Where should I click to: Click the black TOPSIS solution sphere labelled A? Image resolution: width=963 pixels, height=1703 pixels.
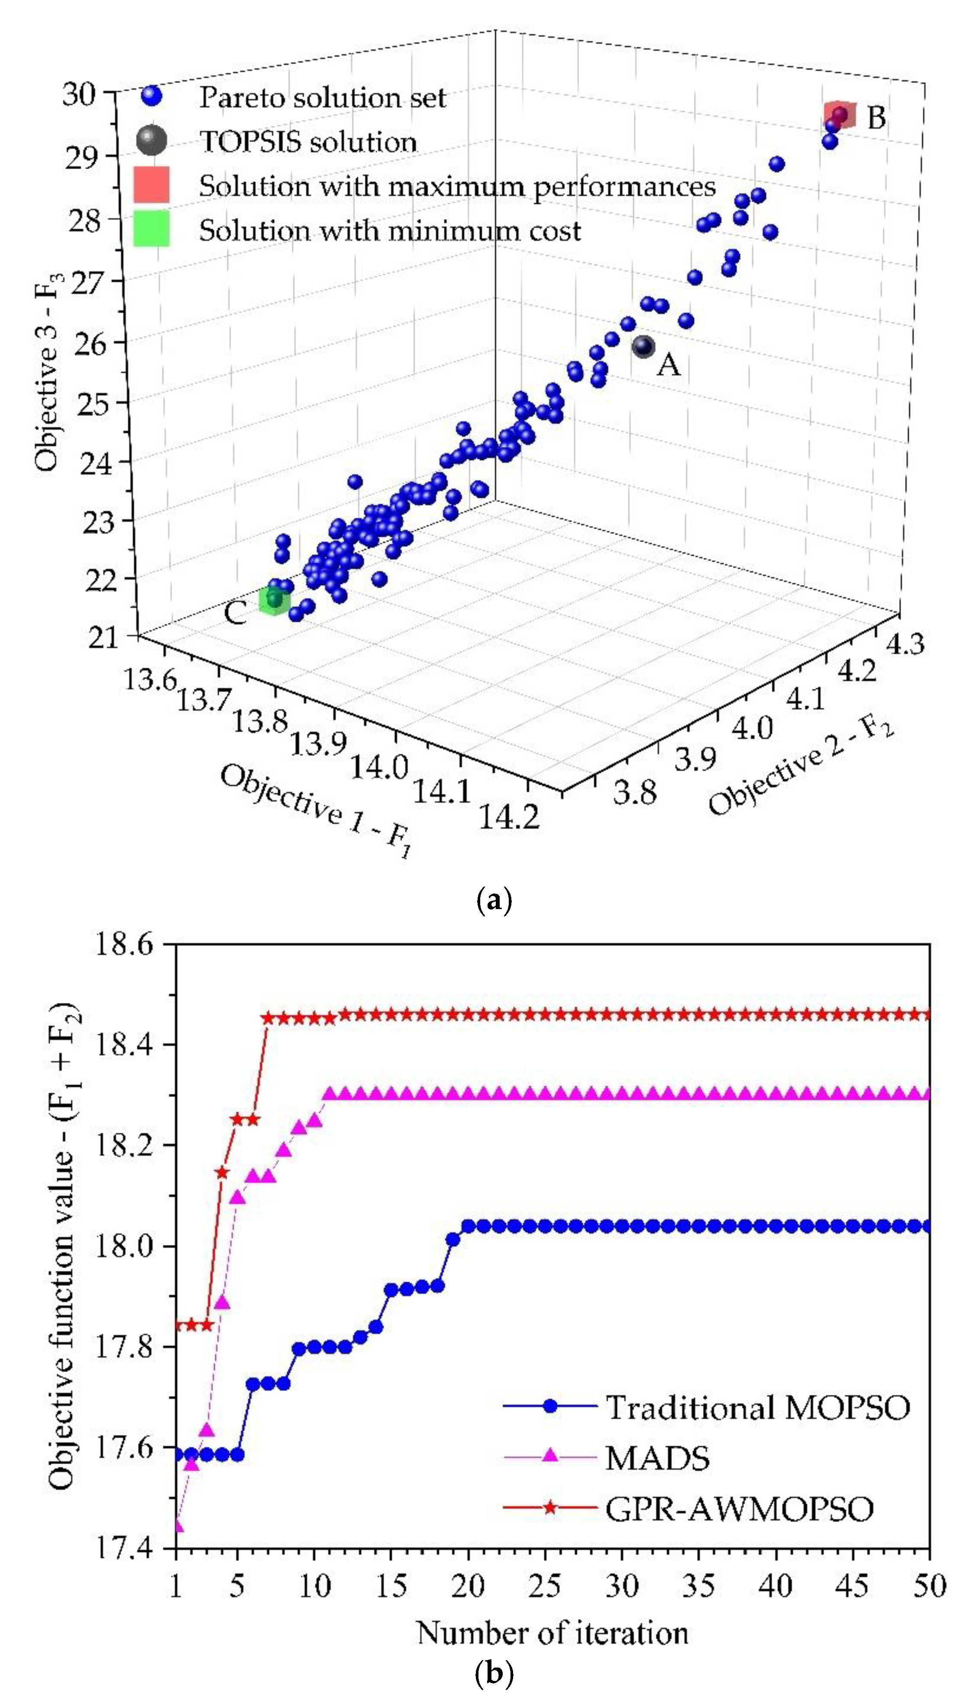tap(643, 346)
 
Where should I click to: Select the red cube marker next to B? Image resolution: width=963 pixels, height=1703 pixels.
tap(839, 115)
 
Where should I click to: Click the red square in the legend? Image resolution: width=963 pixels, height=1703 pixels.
tap(151, 184)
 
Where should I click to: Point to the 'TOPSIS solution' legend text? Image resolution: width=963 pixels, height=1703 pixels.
tap(308, 141)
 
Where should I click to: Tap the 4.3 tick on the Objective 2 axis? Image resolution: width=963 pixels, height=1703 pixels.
tap(904, 643)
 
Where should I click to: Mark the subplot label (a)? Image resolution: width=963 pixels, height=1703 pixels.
tap(494, 901)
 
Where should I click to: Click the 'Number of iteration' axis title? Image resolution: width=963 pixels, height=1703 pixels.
tap(552, 1633)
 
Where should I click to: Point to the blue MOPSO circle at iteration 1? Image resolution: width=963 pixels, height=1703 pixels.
tap(176, 1454)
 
